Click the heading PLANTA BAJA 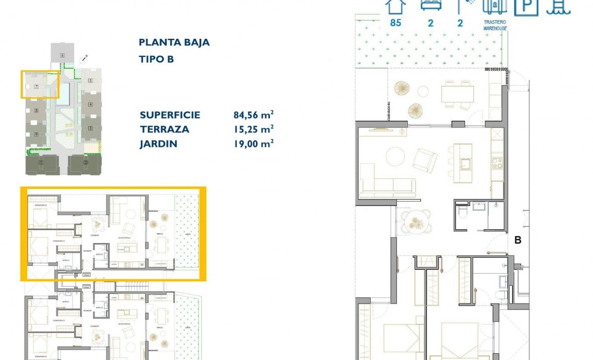[174, 43]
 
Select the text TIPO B [156, 59]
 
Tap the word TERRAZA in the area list [165, 130]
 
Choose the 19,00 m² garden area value [253, 144]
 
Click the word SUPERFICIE [170, 115]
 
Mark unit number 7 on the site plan [35, 86]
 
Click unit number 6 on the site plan [63, 55]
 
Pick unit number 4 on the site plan [90, 104]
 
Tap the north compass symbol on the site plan [83, 57]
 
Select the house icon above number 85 [396, 6]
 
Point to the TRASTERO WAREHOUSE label [495, 25]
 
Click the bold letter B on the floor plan [518, 240]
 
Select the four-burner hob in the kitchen [497, 163]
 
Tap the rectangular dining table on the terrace [457, 94]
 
